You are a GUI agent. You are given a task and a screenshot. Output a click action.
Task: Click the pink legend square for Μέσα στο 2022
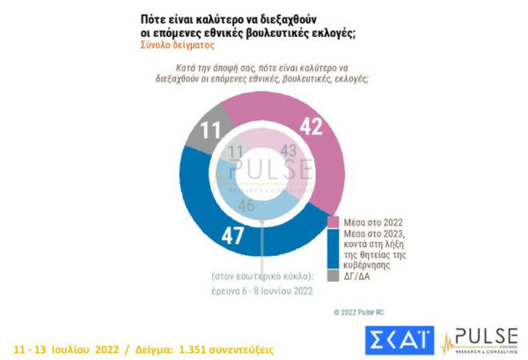[334, 220]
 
